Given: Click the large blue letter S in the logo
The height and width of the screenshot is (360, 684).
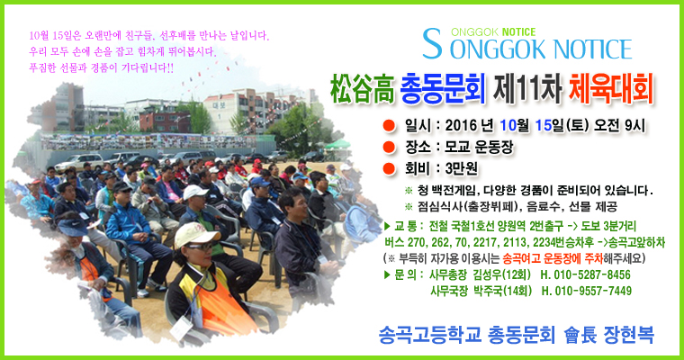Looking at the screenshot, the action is [x=432, y=43].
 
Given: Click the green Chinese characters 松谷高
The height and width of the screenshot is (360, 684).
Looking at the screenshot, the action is [x=362, y=89].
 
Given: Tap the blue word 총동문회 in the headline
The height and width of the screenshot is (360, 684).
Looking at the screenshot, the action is [x=443, y=89].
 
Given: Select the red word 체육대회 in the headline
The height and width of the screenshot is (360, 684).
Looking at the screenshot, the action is [x=611, y=89].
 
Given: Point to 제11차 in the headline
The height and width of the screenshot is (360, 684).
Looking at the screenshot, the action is [x=527, y=89].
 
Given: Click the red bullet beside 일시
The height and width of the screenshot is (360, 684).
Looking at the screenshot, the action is [x=389, y=126].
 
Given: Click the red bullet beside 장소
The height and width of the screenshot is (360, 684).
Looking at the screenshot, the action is [x=389, y=147].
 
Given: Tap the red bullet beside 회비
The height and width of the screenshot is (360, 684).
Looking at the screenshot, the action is [x=389, y=168].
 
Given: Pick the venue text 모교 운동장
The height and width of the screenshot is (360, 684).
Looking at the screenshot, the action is [x=479, y=147].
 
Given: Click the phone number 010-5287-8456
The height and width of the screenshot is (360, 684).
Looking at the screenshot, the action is [x=592, y=274].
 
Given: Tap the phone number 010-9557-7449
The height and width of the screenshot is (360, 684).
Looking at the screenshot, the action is [x=593, y=291].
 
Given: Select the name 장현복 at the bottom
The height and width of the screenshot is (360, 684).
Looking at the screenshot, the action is [x=628, y=335].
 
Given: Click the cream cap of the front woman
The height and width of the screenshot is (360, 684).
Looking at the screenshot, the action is [x=196, y=235].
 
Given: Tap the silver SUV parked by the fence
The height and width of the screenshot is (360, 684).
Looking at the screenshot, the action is [x=78, y=162].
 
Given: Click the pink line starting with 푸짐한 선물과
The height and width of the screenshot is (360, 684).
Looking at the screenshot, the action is [x=101, y=68].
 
